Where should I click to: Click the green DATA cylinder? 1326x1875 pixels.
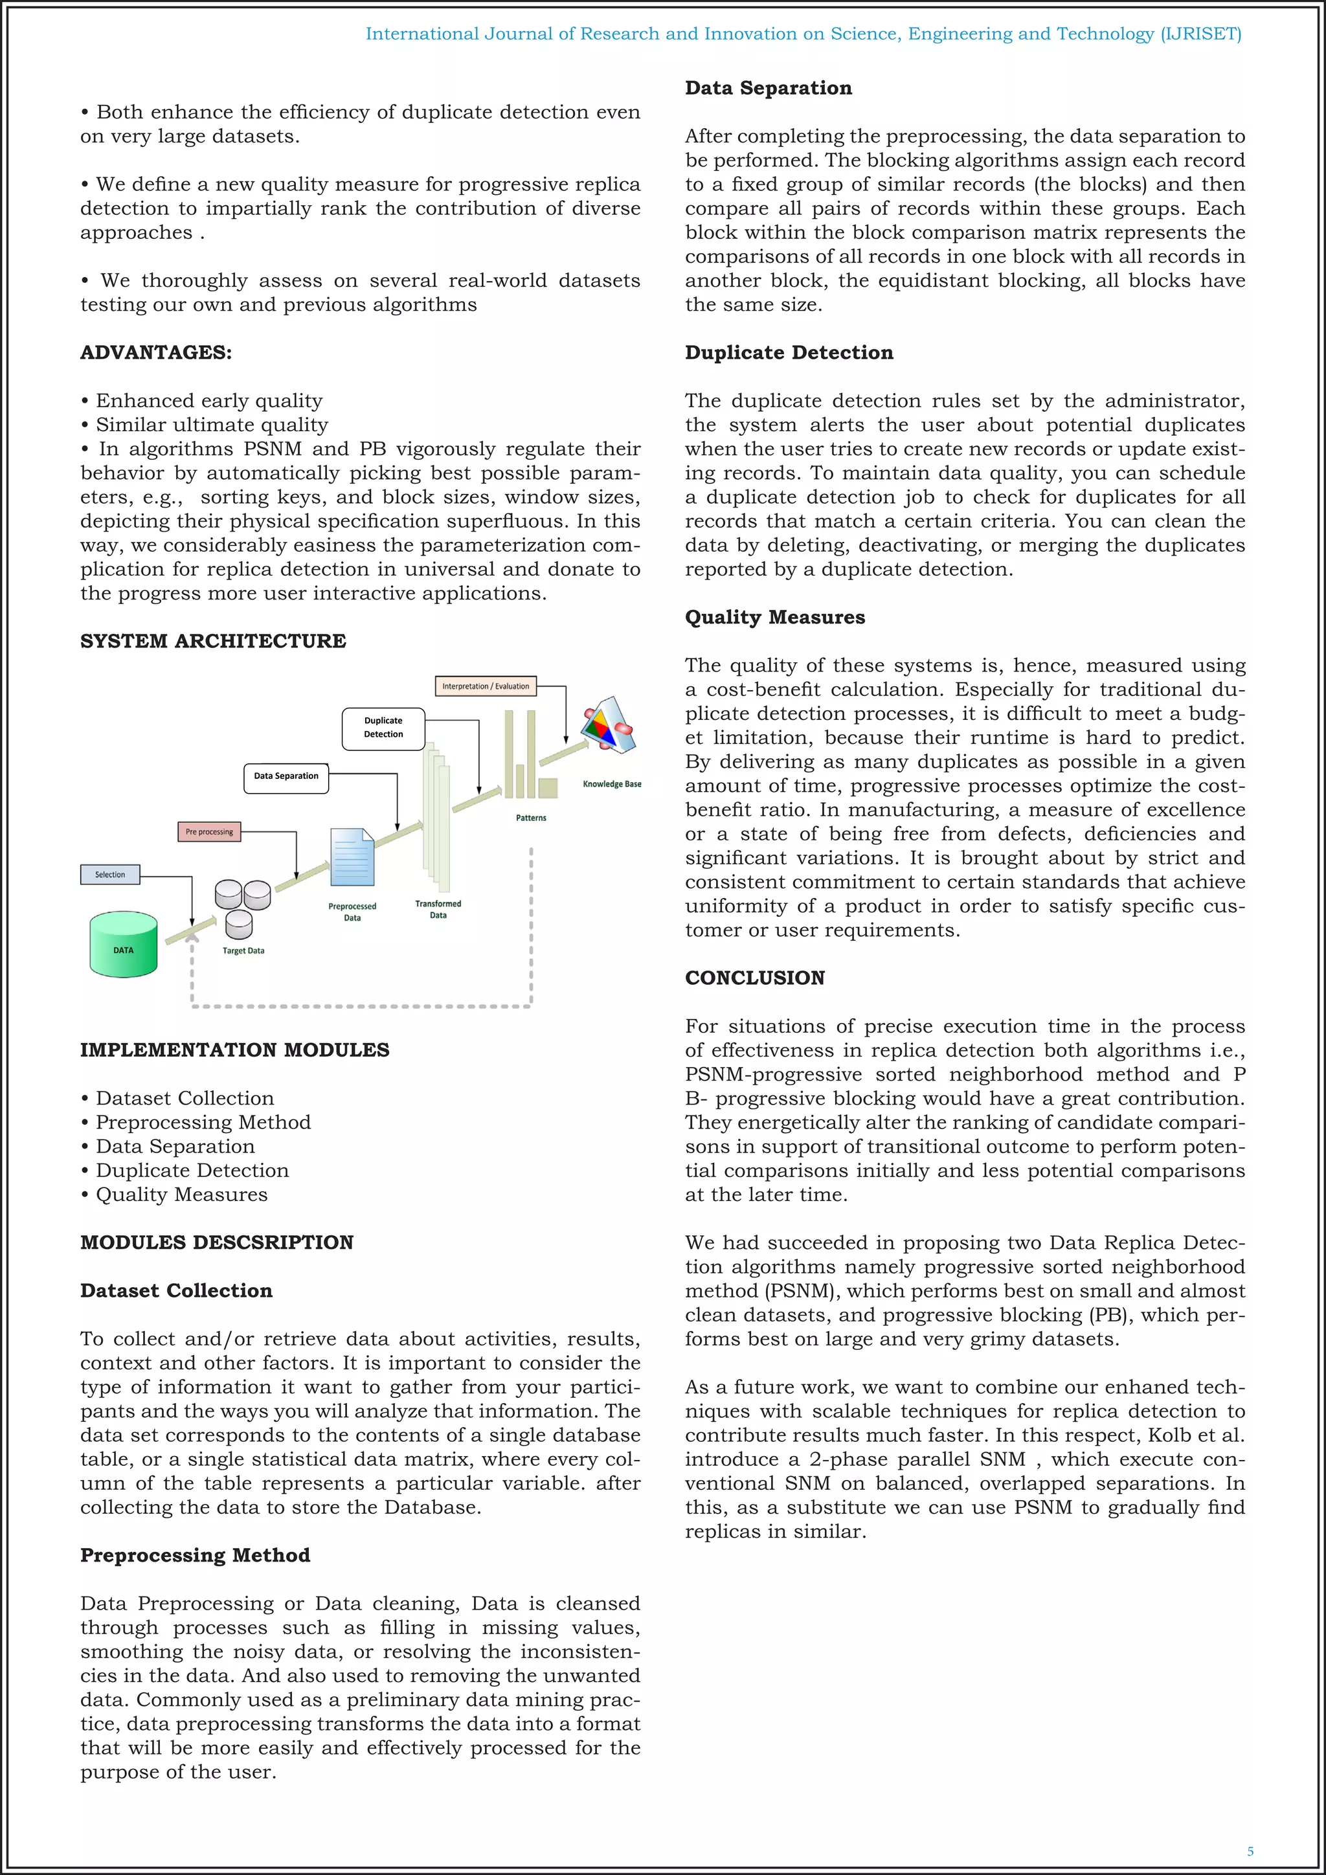(123, 944)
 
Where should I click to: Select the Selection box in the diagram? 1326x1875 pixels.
(110, 875)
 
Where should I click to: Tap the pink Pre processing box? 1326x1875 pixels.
(209, 831)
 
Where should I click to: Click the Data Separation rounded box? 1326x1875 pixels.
(286, 777)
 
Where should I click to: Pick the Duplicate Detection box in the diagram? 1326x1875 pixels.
(383, 728)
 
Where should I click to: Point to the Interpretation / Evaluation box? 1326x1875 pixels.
(486, 686)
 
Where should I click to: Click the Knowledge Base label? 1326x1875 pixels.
(612, 784)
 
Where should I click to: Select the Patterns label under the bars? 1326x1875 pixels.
(531, 818)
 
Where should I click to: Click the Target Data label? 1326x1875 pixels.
(243, 950)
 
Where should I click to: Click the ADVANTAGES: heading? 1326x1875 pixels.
(156, 353)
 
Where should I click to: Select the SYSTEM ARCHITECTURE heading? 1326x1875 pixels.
(213, 641)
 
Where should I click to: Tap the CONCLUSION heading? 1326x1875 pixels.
(754, 978)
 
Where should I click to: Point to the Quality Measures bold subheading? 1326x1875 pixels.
(775, 618)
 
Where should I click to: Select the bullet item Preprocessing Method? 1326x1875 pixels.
(203, 1122)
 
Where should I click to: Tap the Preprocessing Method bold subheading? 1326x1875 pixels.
(195, 1555)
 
